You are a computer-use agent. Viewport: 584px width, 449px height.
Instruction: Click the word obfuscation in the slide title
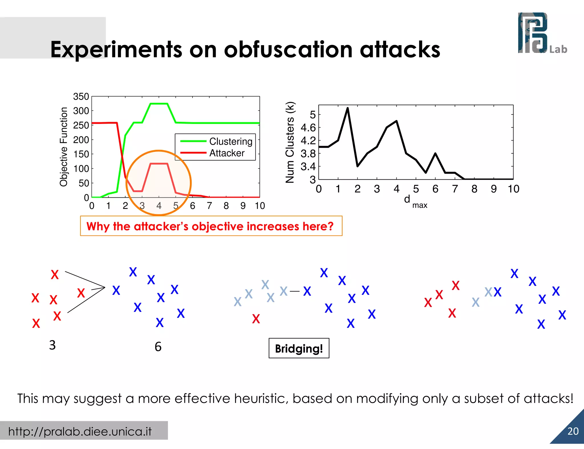[288, 49]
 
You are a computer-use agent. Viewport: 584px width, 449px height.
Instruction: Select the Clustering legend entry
[230, 141]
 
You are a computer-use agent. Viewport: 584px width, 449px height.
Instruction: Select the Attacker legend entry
[227, 153]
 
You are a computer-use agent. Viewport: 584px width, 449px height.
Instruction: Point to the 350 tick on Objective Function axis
[81, 97]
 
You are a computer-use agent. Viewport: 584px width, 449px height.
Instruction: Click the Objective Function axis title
[64, 147]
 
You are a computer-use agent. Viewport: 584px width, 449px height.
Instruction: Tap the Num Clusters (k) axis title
[290, 142]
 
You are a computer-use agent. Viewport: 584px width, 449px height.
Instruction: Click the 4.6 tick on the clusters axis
[308, 128]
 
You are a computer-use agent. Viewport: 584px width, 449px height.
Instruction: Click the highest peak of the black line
[348, 108]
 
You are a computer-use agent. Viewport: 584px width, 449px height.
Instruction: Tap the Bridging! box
[299, 348]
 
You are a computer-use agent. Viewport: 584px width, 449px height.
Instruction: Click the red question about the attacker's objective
[210, 226]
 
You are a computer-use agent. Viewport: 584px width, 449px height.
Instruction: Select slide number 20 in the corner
[573, 431]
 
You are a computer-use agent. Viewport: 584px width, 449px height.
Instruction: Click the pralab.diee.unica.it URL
[80, 431]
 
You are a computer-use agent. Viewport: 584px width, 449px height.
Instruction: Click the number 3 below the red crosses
[52, 345]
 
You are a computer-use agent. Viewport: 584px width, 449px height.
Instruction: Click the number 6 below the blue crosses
[158, 347]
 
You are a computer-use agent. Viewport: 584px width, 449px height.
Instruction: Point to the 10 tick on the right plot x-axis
[513, 189]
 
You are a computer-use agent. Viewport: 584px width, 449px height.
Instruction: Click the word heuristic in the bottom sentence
[257, 398]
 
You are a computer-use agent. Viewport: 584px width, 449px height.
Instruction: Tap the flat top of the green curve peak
[159, 104]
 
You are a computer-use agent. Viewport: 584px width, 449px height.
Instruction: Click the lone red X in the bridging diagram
[256, 318]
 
